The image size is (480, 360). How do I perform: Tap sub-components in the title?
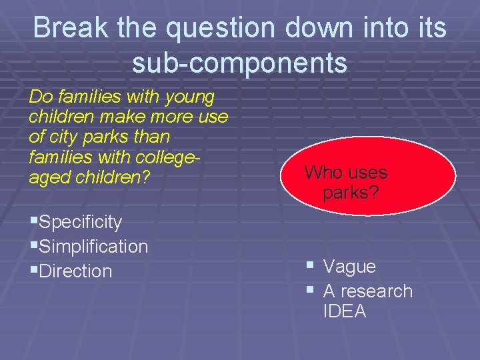(239, 63)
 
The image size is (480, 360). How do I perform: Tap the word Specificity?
(81, 221)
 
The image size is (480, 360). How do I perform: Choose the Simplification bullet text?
(93, 246)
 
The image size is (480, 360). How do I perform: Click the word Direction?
(75, 271)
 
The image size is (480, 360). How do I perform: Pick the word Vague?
(349, 267)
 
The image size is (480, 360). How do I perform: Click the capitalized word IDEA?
(345, 311)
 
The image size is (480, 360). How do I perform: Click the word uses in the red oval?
(367, 173)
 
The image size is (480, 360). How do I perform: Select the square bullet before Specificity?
(33, 221)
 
